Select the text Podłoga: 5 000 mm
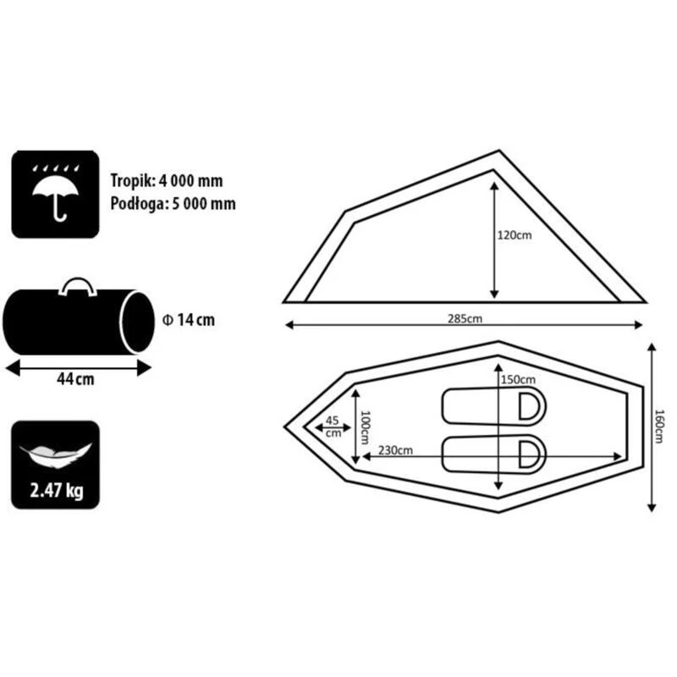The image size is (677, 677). pyautogui.click(x=172, y=203)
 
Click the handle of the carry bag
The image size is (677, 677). pyautogui.click(x=77, y=286)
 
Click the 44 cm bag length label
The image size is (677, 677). pyautogui.click(x=77, y=380)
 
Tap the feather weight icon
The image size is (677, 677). pyautogui.click(x=55, y=450)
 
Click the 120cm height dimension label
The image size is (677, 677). pyautogui.click(x=515, y=236)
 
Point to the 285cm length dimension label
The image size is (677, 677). pyautogui.click(x=465, y=319)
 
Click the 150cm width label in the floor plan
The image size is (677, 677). pyautogui.click(x=519, y=379)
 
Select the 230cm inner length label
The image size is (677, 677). pyautogui.click(x=395, y=450)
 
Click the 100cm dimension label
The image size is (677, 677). pyautogui.click(x=366, y=427)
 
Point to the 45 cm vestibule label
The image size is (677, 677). pyautogui.click(x=332, y=426)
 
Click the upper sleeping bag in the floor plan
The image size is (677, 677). pyautogui.click(x=493, y=406)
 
